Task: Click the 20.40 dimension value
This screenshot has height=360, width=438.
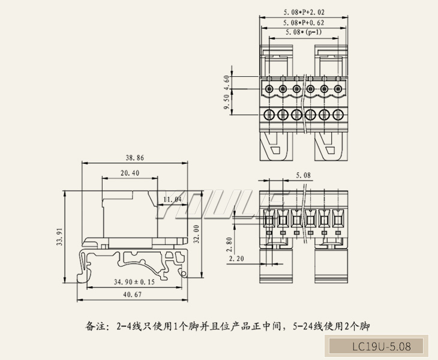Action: (130, 173)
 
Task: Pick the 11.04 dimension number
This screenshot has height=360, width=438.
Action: (172, 199)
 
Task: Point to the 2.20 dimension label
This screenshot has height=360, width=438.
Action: (236, 259)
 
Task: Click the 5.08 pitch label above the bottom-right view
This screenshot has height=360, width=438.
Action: (304, 175)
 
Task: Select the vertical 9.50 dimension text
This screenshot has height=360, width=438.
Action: (226, 103)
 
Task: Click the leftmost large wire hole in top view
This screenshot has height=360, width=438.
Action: (269, 114)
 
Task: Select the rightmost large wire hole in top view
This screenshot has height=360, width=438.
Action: (340, 114)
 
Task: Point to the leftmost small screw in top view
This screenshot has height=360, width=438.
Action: (269, 90)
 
